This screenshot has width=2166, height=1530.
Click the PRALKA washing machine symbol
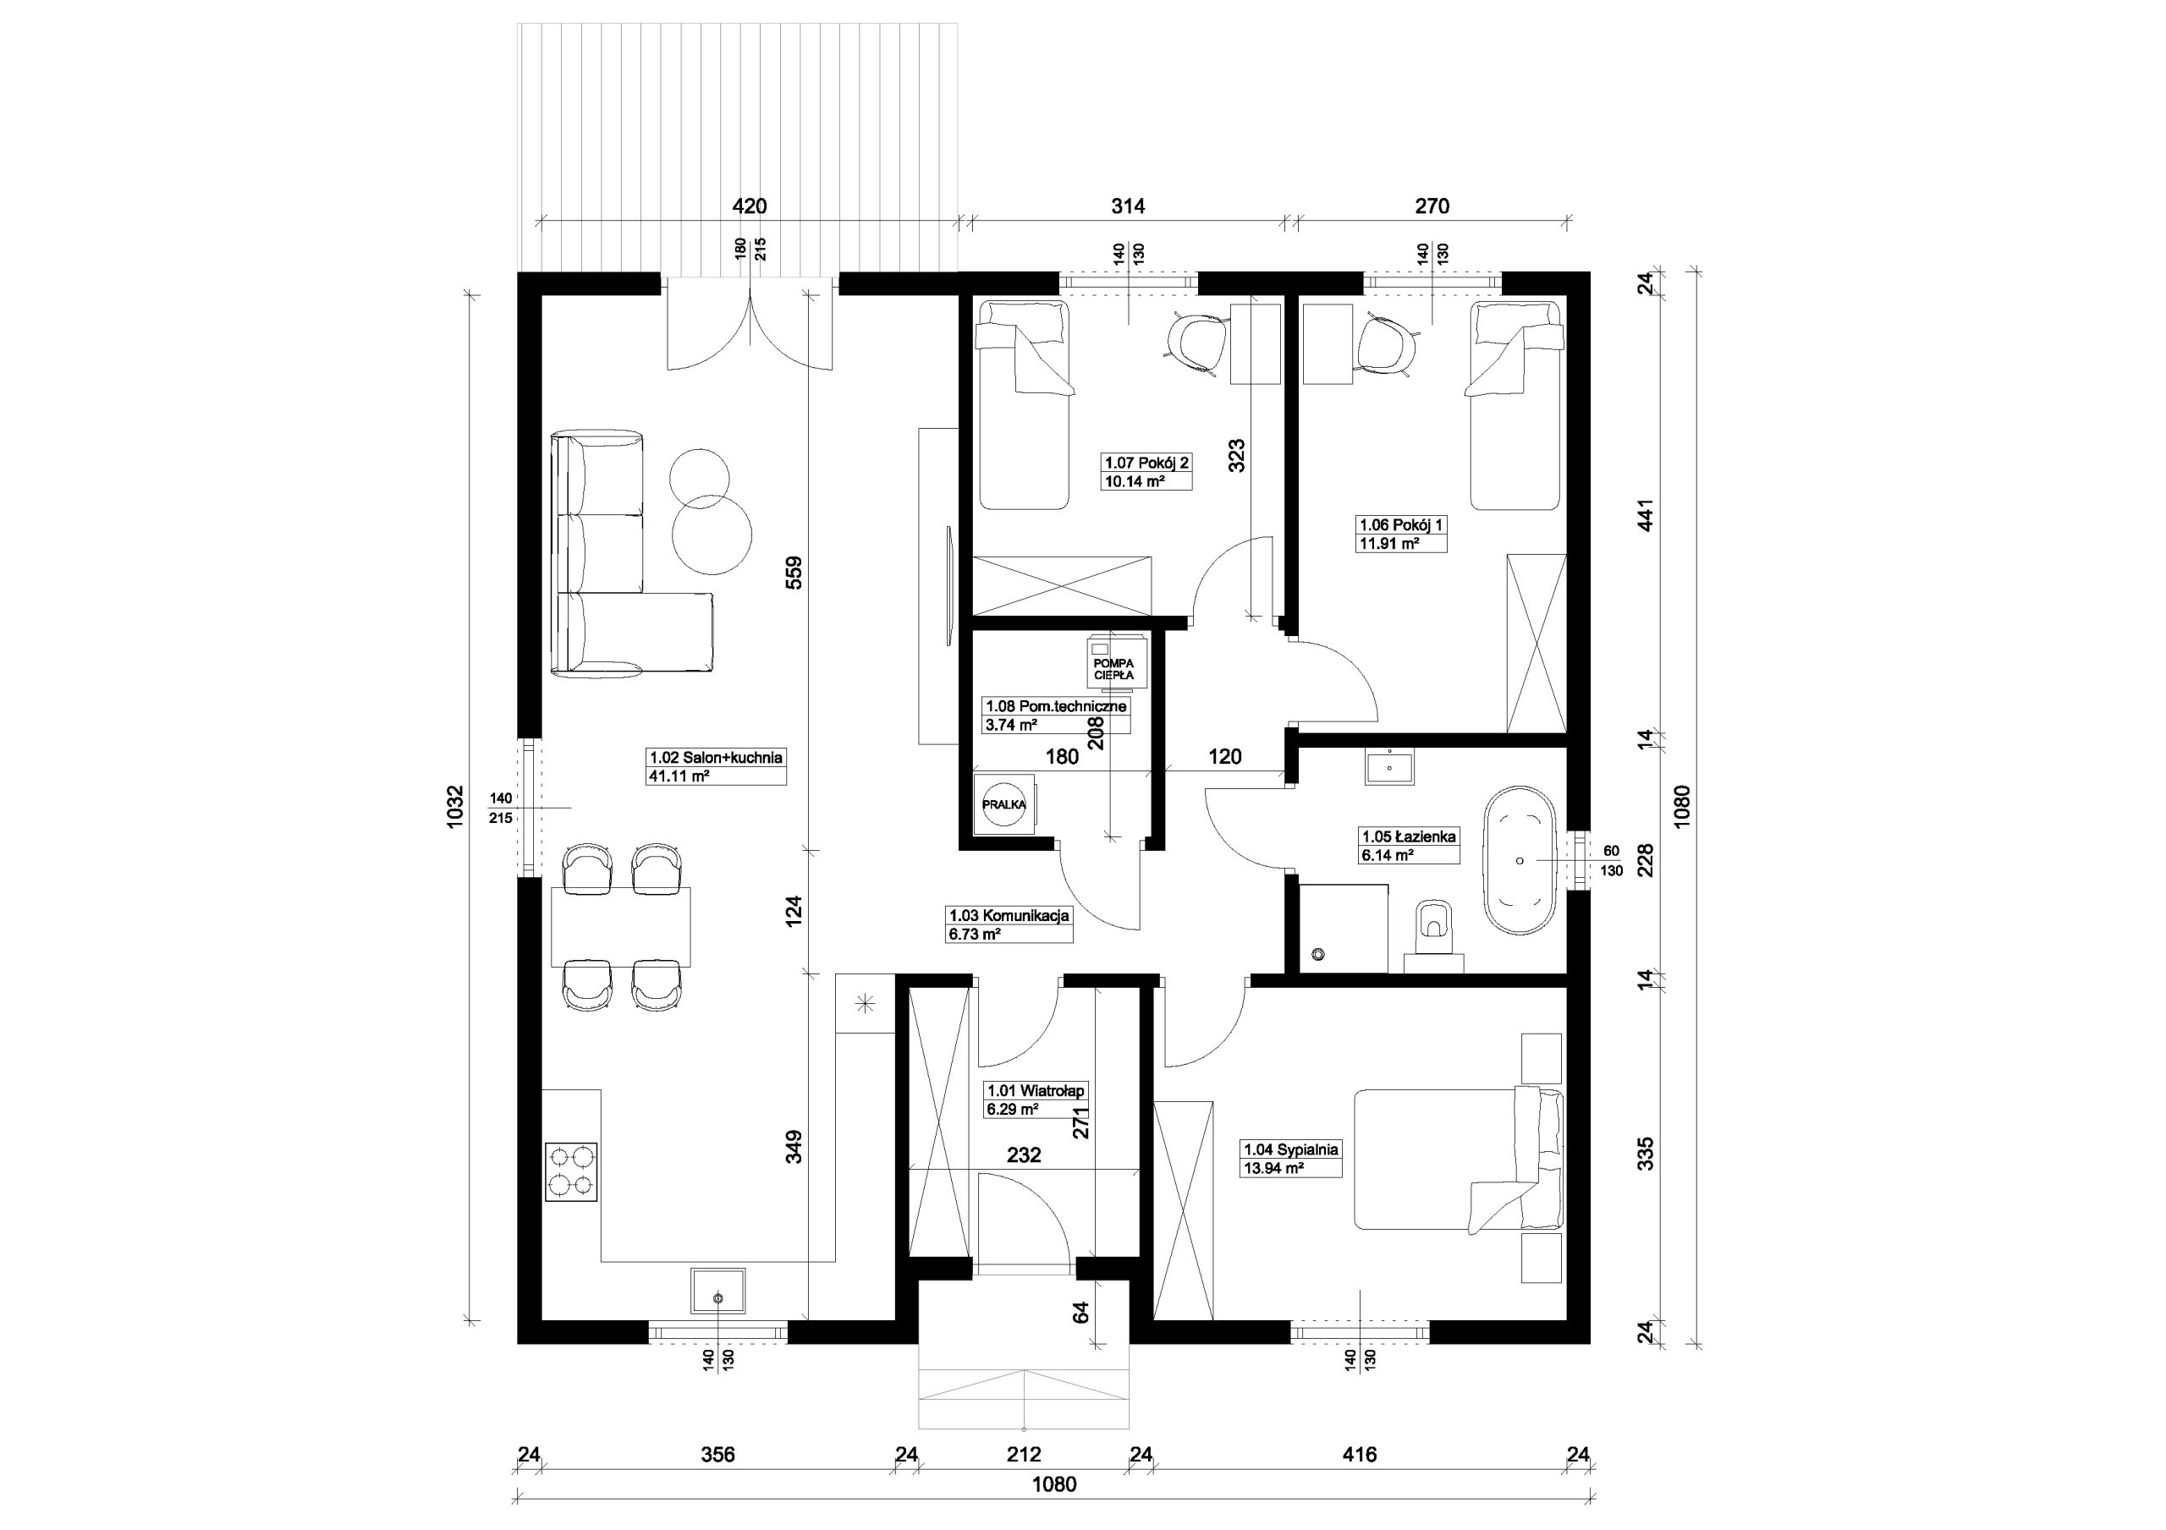coord(1004,804)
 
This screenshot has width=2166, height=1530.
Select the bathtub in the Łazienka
coord(1520,861)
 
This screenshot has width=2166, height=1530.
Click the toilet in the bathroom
coord(1434,936)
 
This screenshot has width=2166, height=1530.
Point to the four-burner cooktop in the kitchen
coord(572,1171)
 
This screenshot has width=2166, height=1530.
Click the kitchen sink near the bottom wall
coord(718,1290)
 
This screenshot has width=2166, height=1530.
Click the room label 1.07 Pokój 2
coord(1147,462)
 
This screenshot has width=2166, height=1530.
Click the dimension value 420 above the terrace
coord(750,206)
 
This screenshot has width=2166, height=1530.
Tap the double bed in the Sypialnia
coord(1458,1160)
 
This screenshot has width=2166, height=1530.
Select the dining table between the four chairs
coord(621,927)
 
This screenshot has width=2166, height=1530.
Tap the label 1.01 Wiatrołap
coord(1035,1091)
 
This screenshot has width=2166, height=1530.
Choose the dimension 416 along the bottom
coord(1360,1455)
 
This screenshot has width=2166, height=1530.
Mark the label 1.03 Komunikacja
coord(1009,915)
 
